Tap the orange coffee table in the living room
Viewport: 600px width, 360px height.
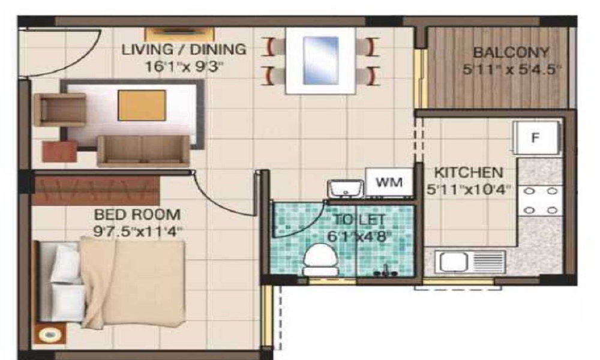141,105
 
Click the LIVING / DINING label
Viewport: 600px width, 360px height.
184,49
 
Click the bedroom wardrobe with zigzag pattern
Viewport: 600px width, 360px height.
96,190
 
